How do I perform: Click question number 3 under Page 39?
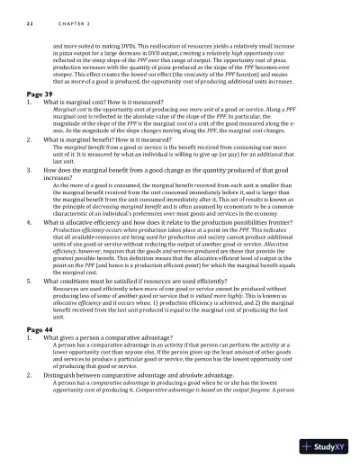[31, 168]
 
